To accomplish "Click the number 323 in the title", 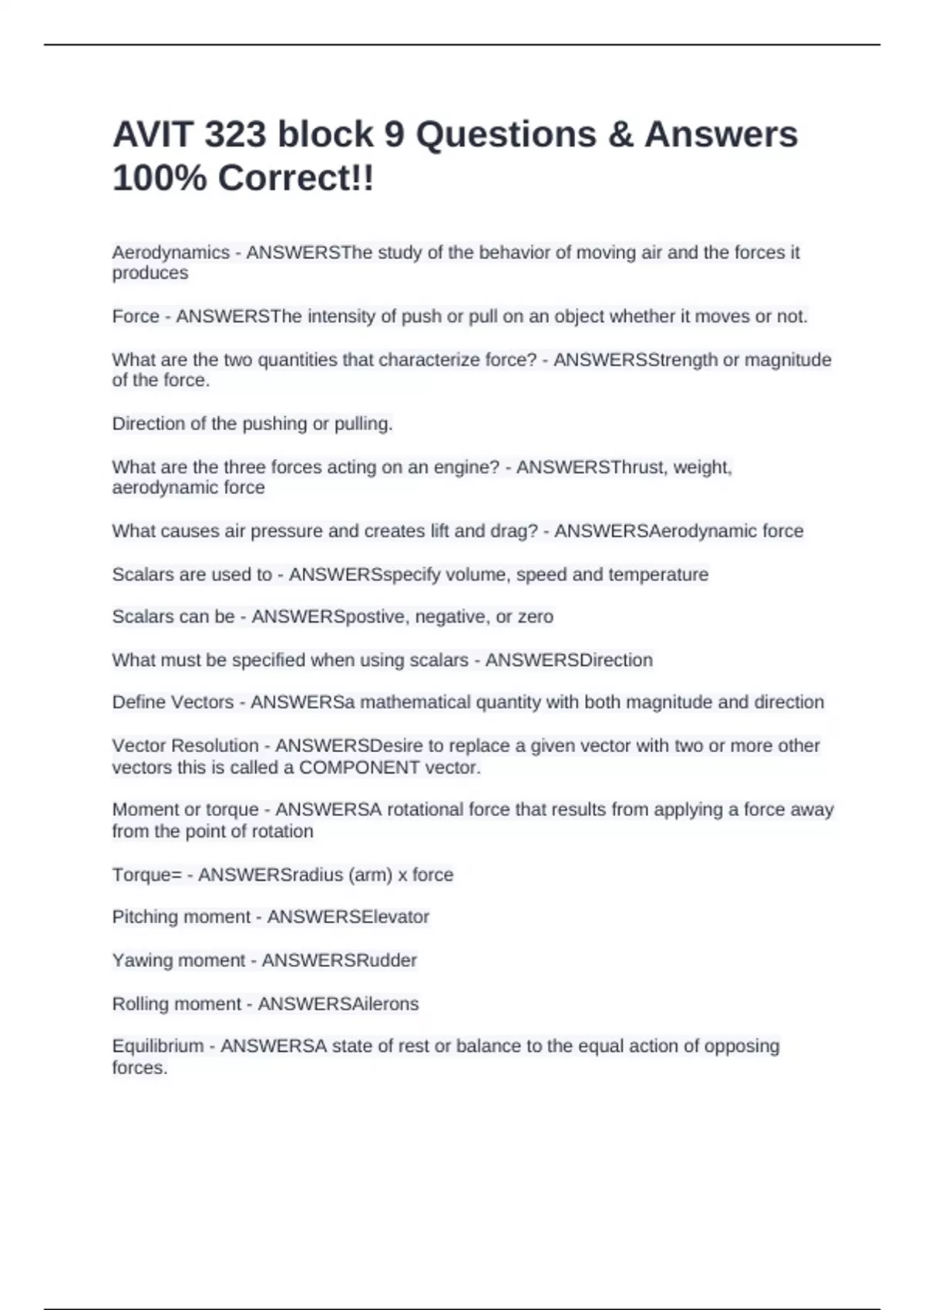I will click(235, 135).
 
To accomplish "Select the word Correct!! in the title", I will click(296, 179).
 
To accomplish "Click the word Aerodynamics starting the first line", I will click(170, 253).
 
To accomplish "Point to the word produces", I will click(150, 273).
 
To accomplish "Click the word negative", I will click(449, 616).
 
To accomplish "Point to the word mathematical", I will click(415, 703).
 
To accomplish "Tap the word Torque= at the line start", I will click(146, 875).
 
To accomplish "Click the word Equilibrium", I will click(158, 1046).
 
